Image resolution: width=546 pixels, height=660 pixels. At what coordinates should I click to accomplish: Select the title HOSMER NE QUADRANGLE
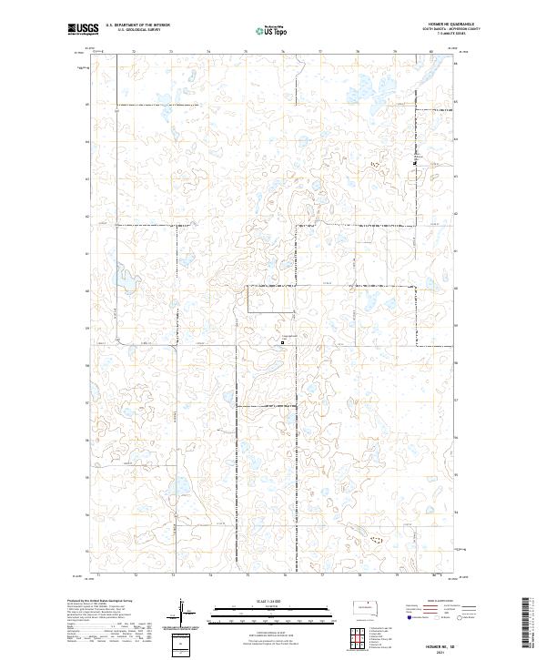click(x=450, y=25)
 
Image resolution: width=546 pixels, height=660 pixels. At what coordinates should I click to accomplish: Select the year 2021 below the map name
click(x=450, y=651)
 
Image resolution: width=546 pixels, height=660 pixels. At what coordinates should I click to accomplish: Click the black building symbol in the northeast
click(x=416, y=163)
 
